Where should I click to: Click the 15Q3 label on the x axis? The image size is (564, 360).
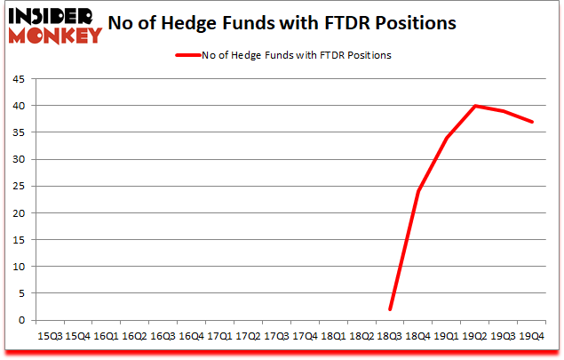point(49,337)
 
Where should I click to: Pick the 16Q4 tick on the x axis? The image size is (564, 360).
point(191,337)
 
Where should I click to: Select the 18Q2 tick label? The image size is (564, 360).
point(361,337)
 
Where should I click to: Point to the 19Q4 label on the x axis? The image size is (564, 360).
point(532,337)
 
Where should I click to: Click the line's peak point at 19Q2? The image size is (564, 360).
point(475,106)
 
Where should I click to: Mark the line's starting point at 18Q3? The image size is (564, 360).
point(390,309)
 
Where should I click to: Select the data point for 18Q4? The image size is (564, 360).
point(418,191)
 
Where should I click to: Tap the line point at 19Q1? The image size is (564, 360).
point(447,138)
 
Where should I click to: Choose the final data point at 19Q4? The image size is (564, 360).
point(532,122)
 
